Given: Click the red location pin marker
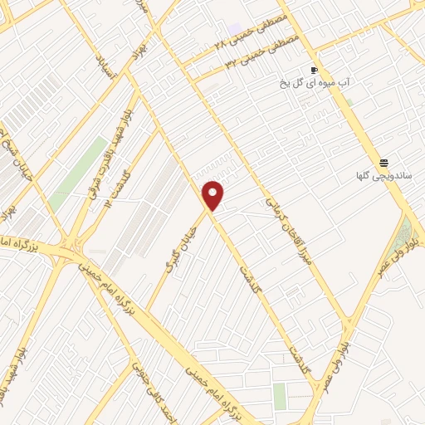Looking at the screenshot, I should pyautogui.click(x=213, y=194).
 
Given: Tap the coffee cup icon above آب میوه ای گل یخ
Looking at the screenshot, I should pyautogui.click(x=314, y=70).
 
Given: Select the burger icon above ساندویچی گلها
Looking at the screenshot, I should pyautogui.click(x=383, y=163).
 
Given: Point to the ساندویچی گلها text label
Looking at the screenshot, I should pyautogui.click(x=382, y=177).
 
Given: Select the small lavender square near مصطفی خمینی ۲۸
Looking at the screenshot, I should pyautogui.click(x=236, y=29).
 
